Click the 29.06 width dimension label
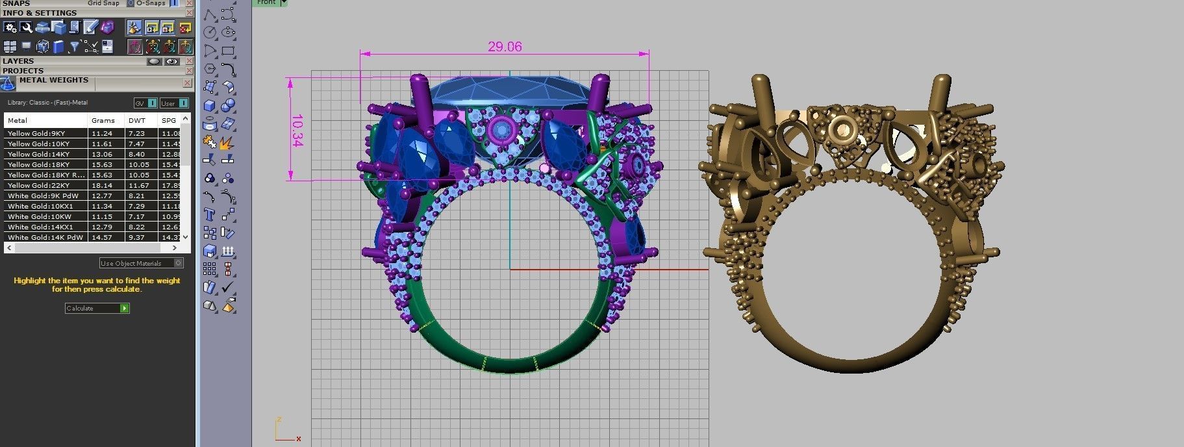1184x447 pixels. pos(505,47)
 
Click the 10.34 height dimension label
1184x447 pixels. pos(297,131)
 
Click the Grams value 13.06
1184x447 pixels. pos(102,154)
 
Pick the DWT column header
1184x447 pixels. pos(136,120)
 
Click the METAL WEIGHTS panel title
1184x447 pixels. pos(53,80)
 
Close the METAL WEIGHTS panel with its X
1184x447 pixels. pos(187,83)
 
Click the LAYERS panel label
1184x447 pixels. pos(18,61)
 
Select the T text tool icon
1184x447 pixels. pos(209,214)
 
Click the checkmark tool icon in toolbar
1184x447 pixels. pos(227,287)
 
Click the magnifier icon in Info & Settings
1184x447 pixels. pos(26,27)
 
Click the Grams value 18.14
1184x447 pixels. pos(102,185)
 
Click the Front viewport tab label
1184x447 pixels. pos(266,3)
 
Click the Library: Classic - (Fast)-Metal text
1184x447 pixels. pos(47,103)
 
